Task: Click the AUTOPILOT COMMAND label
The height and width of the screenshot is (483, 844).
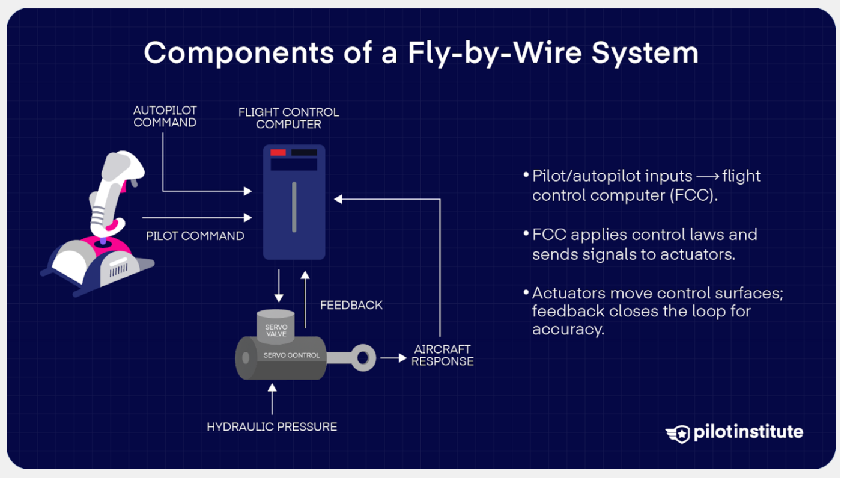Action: coord(165,117)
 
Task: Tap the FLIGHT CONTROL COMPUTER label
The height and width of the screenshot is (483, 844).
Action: coord(288,118)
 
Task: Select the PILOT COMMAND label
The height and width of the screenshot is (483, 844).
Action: coord(195,236)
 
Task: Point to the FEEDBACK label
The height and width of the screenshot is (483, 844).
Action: coord(351,305)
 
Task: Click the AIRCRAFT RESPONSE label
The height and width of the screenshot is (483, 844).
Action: coord(443,355)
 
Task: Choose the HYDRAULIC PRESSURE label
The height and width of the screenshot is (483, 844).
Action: coord(272,427)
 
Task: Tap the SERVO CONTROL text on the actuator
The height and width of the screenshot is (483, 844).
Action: coord(291,355)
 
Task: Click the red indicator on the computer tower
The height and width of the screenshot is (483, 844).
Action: coord(278,153)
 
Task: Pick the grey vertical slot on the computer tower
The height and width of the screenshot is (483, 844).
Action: coord(294,207)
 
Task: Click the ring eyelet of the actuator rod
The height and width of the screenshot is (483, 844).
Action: coord(362,358)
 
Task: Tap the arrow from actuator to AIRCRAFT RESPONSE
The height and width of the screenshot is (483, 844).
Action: coord(393,358)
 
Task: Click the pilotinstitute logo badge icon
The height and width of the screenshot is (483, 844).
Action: coord(678,433)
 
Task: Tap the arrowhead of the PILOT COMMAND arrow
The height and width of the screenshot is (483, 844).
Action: coord(248,217)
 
